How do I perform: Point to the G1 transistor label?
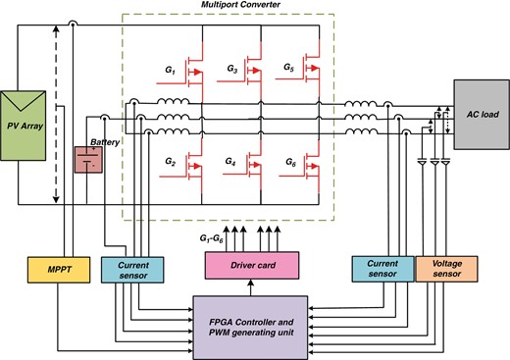[168, 72]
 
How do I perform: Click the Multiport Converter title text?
[241, 7]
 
